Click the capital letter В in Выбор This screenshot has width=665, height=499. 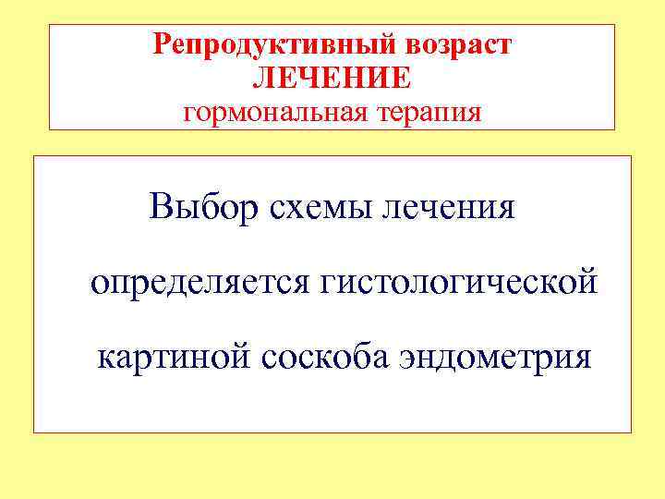coord(159,205)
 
